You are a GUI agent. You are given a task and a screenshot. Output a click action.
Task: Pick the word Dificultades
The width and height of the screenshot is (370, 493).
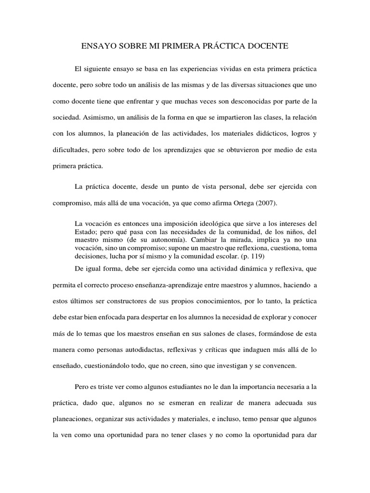[70, 150]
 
